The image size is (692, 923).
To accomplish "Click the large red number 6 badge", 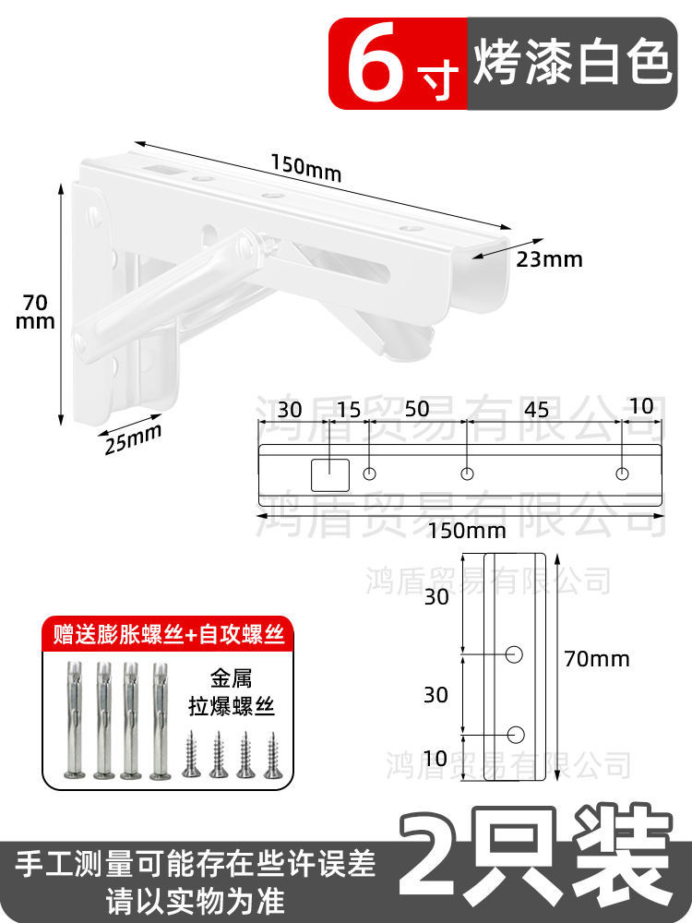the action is tap(398, 64).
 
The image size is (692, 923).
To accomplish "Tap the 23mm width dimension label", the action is tap(549, 259).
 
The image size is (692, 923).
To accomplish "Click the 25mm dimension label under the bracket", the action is tap(133, 438).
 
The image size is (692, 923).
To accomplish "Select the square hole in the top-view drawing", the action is tap(330, 474).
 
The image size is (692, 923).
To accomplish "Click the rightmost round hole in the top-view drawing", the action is tap(622, 473).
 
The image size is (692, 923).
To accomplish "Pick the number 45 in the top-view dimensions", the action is tap(537, 411).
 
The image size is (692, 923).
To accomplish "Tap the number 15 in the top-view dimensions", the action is tap(349, 411).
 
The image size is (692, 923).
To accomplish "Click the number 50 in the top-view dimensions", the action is tap(417, 409).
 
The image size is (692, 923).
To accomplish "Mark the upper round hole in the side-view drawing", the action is tap(514, 653).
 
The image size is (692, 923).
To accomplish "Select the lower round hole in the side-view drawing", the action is tap(516, 734).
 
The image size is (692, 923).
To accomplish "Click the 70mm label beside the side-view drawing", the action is tap(597, 659).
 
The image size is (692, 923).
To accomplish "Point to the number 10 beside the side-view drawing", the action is tap(435, 758).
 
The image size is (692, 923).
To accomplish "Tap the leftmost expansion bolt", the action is tap(73, 720).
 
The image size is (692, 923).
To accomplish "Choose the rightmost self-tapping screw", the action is tap(272, 755).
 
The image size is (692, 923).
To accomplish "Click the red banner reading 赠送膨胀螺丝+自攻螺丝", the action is tap(168, 635).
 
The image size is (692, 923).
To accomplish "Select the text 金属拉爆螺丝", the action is tap(232, 692).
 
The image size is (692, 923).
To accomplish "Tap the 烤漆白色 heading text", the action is tap(572, 63).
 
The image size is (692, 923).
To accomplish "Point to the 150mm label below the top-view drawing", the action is tap(466, 531).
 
